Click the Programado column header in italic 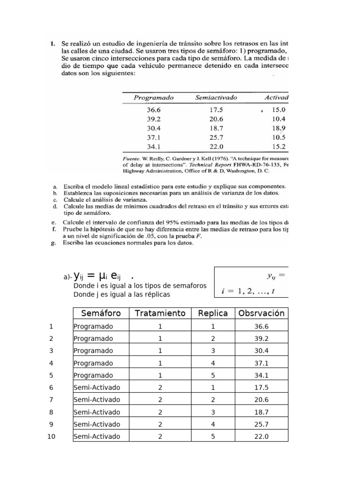point(153,98)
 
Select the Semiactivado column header point(216,98)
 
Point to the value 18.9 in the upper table point(278,128)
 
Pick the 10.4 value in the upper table point(278,119)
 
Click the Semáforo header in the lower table point(101,313)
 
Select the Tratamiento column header point(160,313)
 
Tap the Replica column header point(213,313)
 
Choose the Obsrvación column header point(261,313)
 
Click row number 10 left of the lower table point(51,436)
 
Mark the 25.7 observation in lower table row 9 point(261,424)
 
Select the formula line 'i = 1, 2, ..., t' point(247,291)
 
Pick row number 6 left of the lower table point(51,387)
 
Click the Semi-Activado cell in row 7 point(97,400)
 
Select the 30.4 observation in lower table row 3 point(261,351)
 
